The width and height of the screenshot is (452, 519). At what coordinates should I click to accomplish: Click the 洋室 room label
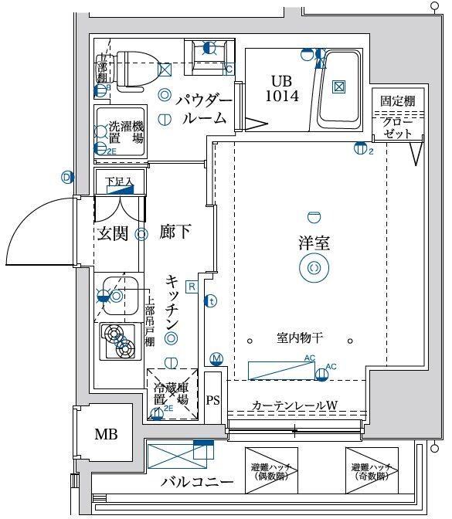314,243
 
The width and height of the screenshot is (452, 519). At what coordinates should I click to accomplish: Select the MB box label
106,434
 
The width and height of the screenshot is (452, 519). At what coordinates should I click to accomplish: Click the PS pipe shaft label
213,399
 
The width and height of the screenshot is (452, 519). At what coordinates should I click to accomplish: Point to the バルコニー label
197,483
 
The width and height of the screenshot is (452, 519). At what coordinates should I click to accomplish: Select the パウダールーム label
203,109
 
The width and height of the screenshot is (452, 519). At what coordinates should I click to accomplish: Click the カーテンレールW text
294,405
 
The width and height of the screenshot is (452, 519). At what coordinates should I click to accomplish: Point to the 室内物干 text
300,338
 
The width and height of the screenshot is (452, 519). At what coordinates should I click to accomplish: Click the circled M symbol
216,358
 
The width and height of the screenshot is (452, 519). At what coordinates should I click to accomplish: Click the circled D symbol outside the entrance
67,178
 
